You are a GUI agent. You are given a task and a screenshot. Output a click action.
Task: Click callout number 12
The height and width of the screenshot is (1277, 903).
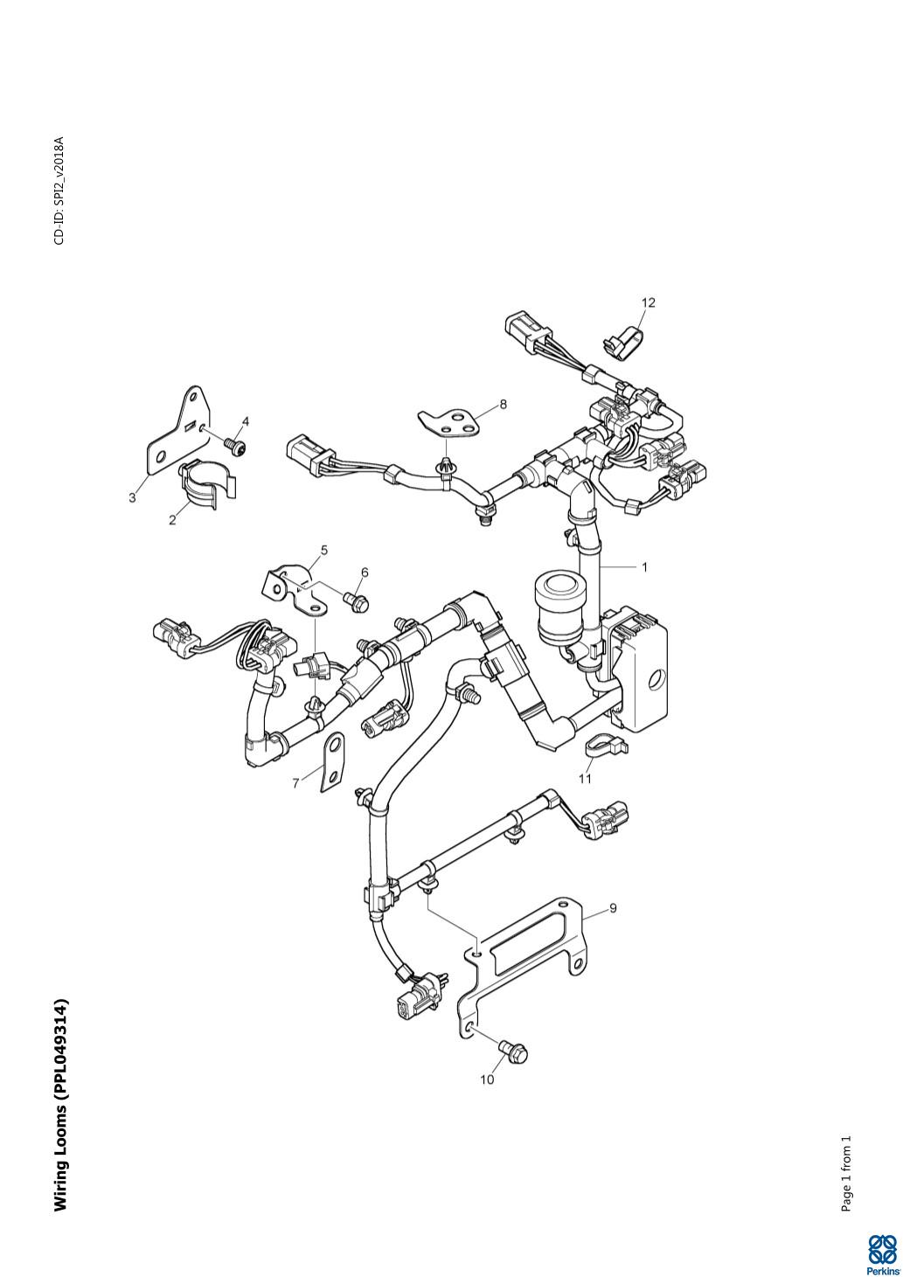[648, 302]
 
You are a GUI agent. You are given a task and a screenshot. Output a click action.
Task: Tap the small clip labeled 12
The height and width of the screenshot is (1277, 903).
[622, 345]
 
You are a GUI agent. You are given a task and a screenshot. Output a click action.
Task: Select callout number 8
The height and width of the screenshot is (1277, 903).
[503, 404]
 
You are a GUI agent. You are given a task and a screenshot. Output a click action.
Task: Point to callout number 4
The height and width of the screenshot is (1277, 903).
[246, 421]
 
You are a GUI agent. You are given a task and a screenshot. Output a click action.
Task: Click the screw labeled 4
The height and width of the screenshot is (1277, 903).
[235, 447]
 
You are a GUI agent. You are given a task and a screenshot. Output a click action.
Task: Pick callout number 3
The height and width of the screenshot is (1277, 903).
[132, 497]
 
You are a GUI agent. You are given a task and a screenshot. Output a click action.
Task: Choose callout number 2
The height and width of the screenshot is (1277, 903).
[172, 519]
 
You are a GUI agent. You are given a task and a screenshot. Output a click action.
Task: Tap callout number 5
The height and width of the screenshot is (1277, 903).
[324, 550]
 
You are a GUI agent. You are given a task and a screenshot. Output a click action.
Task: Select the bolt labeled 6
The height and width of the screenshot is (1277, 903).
[357, 601]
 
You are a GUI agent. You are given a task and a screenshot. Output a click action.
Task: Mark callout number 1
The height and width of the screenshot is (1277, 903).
[644, 566]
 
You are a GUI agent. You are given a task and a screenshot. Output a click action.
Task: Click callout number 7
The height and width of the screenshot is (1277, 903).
[295, 783]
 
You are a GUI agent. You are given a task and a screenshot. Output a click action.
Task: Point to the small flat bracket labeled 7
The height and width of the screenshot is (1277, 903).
[333, 761]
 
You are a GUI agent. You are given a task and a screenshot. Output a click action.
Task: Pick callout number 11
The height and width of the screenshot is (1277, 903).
[585, 778]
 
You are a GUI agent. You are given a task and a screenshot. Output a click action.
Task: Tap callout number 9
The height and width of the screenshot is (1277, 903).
[613, 908]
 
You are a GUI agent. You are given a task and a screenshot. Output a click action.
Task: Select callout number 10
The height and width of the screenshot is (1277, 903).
[487, 1079]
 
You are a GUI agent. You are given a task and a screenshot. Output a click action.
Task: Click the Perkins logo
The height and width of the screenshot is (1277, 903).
[882, 1254]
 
